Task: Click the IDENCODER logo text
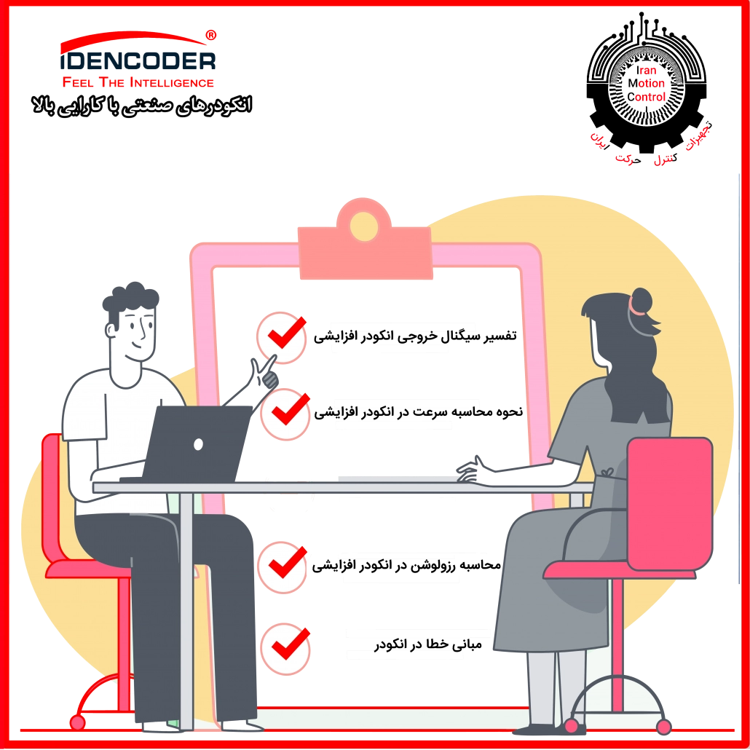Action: pyautogui.click(x=138, y=60)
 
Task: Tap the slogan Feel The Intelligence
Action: pyautogui.click(x=138, y=82)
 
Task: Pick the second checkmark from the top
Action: pyautogui.click(x=285, y=413)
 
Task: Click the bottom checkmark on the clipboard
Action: pyautogui.click(x=285, y=646)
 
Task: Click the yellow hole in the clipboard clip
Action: pyautogui.click(x=364, y=226)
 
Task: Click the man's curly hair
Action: pyautogui.click(x=131, y=299)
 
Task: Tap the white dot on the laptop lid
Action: pyautogui.click(x=197, y=443)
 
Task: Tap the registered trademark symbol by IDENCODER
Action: pyautogui.click(x=211, y=33)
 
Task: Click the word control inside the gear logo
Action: pyautogui.click(x=651, y=96)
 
